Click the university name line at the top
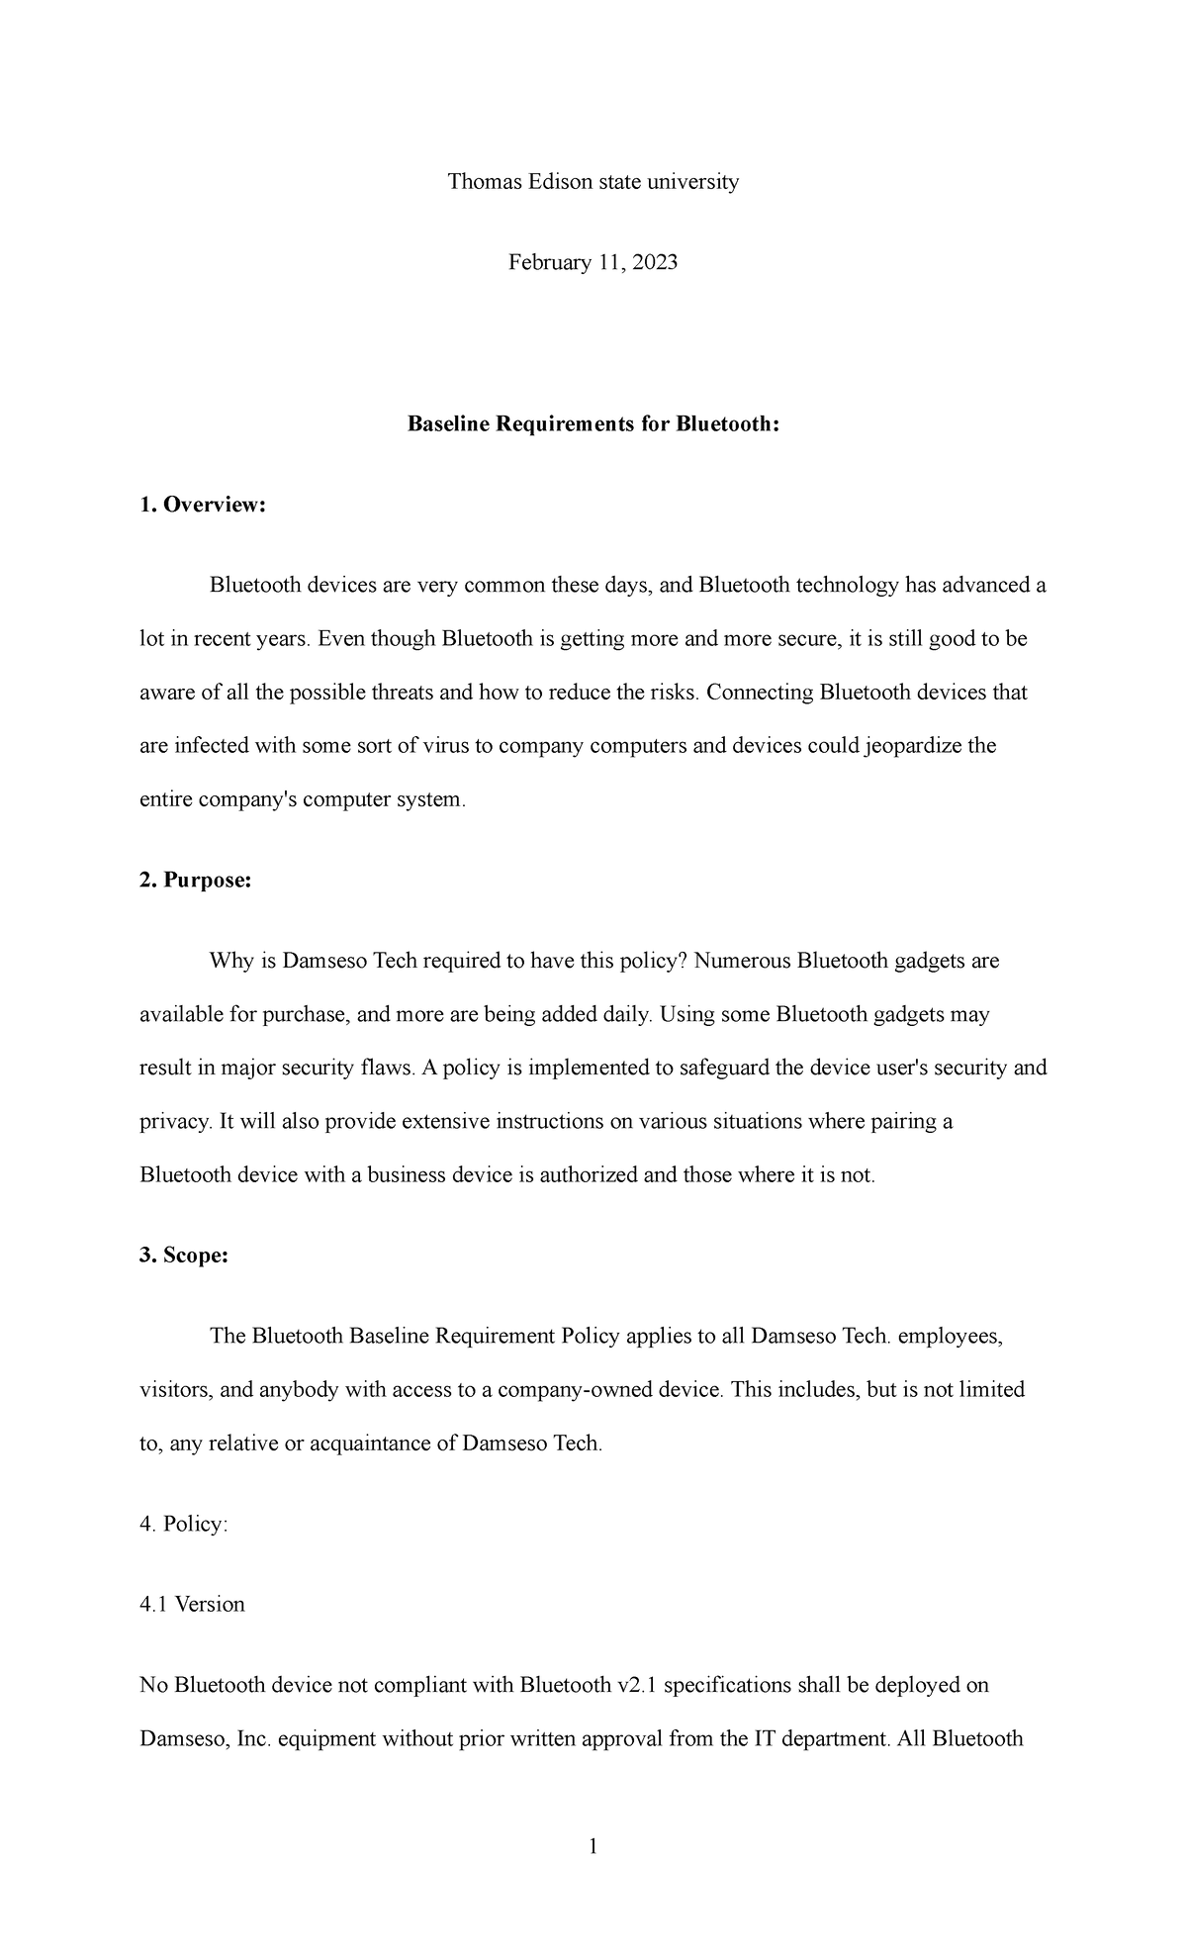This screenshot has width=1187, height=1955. (x=593, y=182)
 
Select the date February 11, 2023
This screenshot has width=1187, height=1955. (x=593, y=262)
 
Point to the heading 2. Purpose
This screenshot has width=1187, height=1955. (x=196, y=881)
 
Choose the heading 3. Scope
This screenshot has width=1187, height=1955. (x=184, y=1256)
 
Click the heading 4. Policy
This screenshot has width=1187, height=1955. (x=184, y=1524)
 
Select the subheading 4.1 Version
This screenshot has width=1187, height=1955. (x=192, y=1604)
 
